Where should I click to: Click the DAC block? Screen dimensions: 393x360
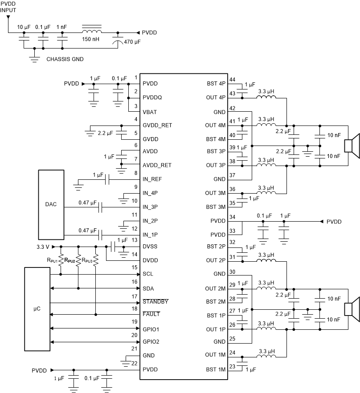51,205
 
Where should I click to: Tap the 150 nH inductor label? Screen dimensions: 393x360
91,39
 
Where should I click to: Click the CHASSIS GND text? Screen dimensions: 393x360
65,59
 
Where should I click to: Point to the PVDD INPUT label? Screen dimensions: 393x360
8,6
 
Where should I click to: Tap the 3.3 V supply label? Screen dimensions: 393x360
43,246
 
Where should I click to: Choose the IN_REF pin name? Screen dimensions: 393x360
152,179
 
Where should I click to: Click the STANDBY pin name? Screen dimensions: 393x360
155,302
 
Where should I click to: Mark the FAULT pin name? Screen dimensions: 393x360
151,314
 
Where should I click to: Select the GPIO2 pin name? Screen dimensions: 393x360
151,342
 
